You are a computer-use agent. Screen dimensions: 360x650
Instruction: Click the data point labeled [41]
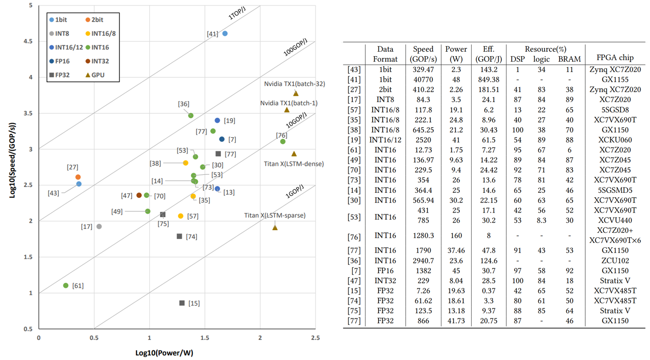click(x=225, y=34)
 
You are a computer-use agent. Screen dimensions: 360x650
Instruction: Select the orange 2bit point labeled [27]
click(x=78, y=177)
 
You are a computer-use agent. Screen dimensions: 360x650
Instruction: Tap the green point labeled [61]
click(x=66, y=285)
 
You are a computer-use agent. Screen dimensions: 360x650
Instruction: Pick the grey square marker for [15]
click(x=182, y=303)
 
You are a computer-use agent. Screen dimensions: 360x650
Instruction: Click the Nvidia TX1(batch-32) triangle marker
click(x=296, y=93)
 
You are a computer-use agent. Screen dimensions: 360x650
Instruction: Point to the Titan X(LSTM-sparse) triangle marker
click(x=275, y=227)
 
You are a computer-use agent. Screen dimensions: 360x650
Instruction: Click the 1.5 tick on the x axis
click(x=205, y=337)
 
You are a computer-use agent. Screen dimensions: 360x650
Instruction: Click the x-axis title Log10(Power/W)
click(x=164, y=353)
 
